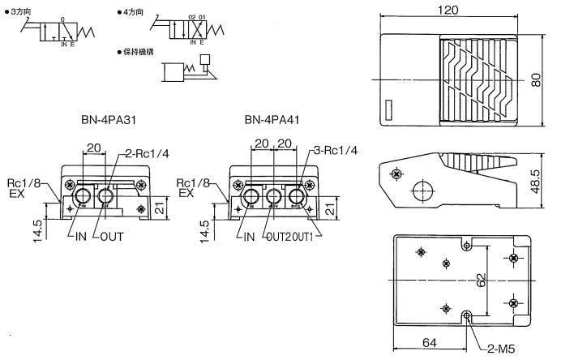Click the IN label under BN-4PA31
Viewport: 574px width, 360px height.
click(79, 237)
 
